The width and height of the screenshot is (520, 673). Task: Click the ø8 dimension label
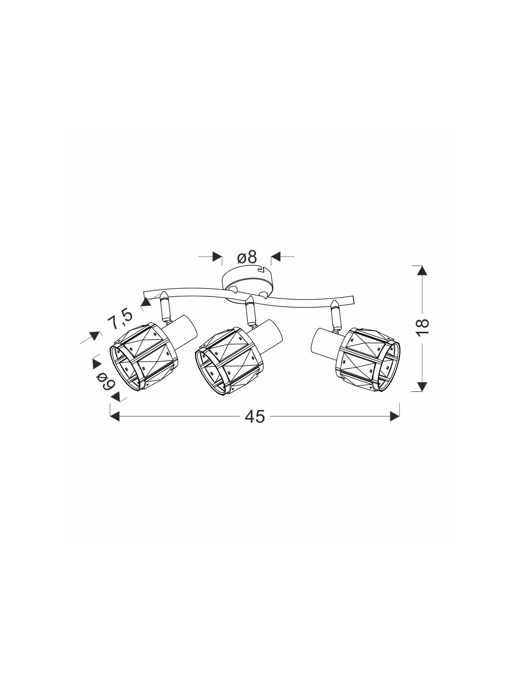coord(247,257)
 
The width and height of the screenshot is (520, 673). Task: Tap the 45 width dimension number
coord(255,416)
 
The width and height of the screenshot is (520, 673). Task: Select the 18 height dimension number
coord(423,323)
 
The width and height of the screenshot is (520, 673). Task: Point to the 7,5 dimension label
coord(121,318)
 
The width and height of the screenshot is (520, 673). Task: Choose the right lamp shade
coord(368,359)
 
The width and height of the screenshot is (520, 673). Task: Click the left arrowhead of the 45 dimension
coord(115,416)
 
